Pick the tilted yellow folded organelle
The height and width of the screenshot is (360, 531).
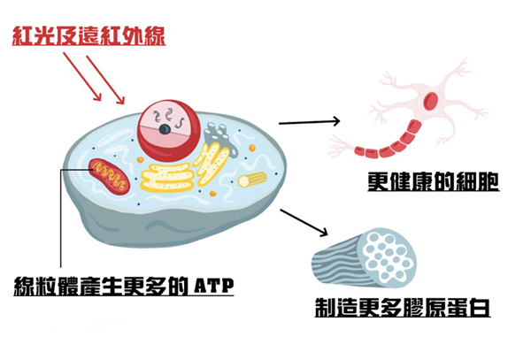[212, 164]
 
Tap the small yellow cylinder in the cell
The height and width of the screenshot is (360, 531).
[251, 180]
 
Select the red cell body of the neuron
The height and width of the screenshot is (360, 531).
[434, 100]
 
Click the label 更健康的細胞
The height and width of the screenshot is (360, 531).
[433, 182]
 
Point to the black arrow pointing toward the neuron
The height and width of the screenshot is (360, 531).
[310, 121]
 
